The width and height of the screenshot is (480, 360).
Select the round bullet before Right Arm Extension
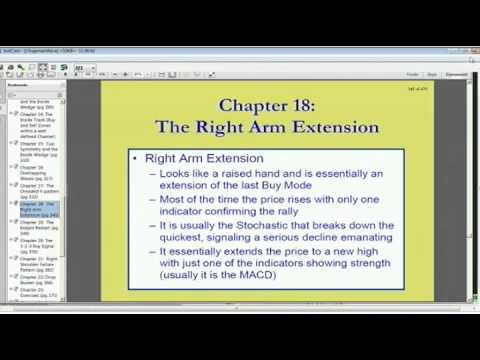(136, 158)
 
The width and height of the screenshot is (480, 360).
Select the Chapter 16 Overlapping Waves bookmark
(39, 171)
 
